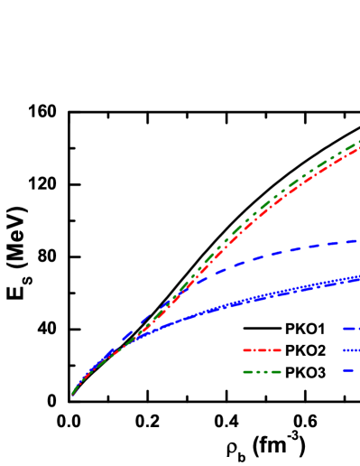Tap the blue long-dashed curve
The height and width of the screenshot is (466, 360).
(271, 254)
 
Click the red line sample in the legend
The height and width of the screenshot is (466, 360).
(262, 349)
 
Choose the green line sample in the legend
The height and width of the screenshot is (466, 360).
(262, 371)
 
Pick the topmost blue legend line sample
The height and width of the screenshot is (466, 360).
(351, 328)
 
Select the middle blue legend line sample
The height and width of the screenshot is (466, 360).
(351, 349)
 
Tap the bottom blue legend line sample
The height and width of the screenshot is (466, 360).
(347, 370)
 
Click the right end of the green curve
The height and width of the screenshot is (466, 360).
(359, 143)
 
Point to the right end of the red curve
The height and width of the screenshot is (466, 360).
(359, 148)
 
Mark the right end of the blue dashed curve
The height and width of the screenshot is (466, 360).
(359, 240)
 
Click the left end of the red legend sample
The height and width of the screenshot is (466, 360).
(244, 349)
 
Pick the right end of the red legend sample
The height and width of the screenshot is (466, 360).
(281, 349)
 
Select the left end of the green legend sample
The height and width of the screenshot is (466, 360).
(244, 371)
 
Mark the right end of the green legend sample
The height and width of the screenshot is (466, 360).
(281, 371)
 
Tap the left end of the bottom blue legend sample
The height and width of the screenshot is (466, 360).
(343, 370)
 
